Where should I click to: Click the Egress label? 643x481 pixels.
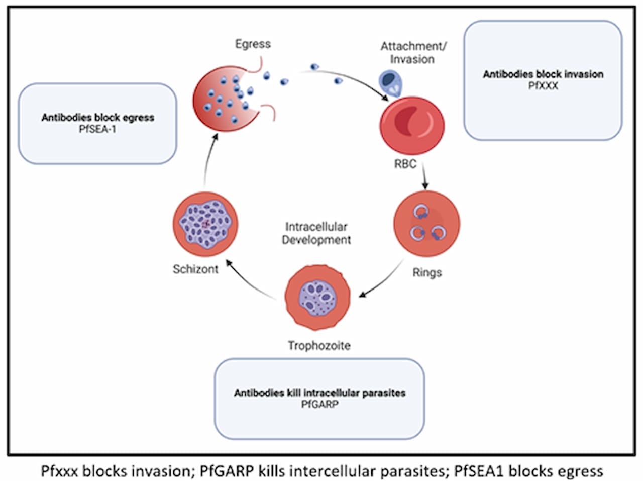(253, 44)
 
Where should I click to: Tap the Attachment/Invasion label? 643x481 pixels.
(413, 53)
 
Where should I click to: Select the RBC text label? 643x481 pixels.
(405, 164)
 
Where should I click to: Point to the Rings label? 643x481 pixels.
(427, 272)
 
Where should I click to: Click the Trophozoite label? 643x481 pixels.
(319, 345)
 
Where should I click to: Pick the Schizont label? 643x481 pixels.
(195, 269)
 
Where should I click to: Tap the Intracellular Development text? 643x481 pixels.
(316, 233)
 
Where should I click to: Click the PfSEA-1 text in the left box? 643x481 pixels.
(97, 129)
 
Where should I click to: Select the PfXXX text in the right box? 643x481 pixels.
(543, 85)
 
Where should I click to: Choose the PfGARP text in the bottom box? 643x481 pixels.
(319, 404)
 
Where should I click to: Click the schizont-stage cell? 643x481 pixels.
(205, 223)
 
